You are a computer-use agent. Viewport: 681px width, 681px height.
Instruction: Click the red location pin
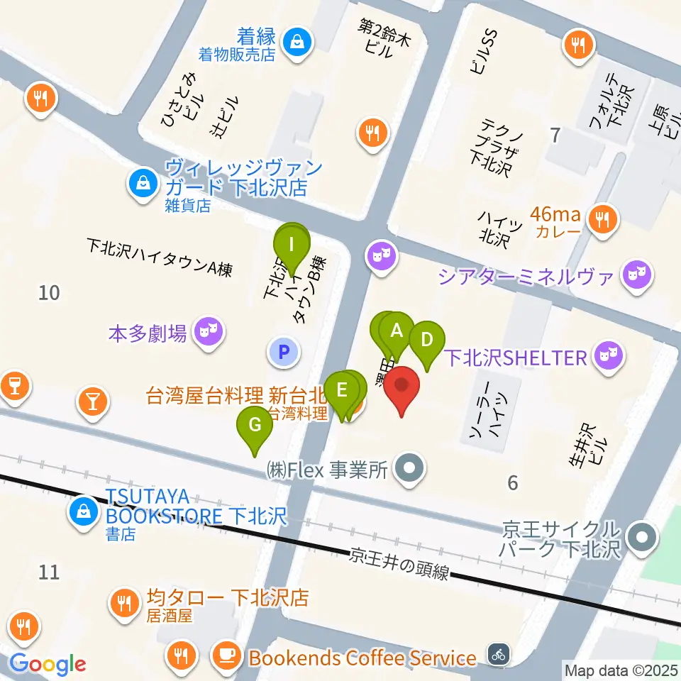402,389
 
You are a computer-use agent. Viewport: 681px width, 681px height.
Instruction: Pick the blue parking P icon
283,350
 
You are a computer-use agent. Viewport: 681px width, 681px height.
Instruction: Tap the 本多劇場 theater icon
207,331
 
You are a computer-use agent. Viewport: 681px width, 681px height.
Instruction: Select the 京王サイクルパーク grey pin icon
643,537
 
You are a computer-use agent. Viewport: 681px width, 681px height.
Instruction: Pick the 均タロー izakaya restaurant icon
126,603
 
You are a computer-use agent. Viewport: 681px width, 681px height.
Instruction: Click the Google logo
48,664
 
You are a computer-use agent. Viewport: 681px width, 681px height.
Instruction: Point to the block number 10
49,292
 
